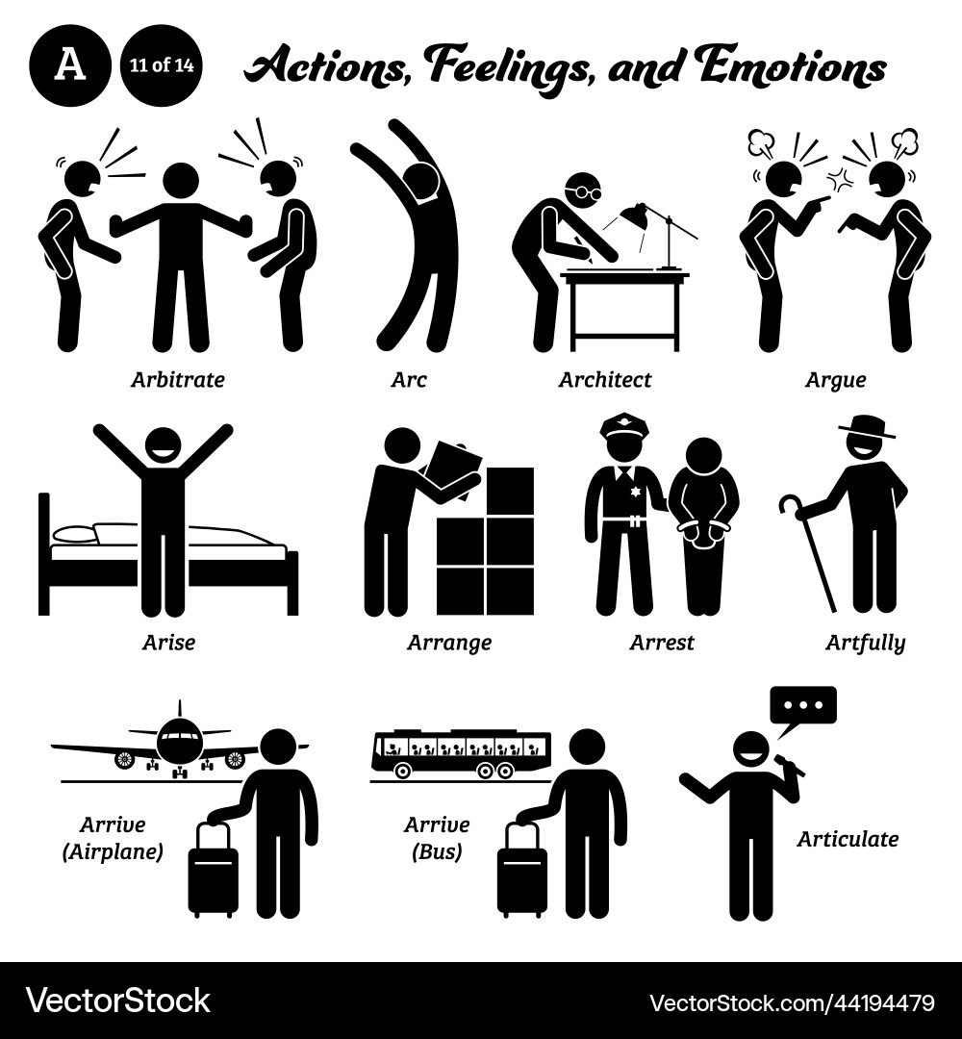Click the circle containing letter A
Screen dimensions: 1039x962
[68, 65]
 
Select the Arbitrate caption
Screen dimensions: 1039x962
[177, 379]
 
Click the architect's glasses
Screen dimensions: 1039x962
[587, 193]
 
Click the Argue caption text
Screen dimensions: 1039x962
[834, 379]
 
